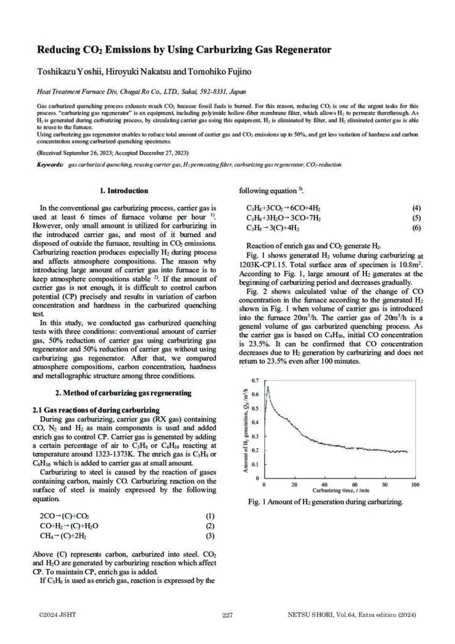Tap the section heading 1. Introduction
tap(124, 191)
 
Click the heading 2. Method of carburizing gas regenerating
tap(124, 393)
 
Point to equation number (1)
tap(210, 516)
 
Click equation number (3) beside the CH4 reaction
tap(210, 536)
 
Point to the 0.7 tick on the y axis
tap(254, 381)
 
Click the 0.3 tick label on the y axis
tap(254, 436)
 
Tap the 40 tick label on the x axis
tap(324, 485)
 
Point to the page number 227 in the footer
tap(227, 614)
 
